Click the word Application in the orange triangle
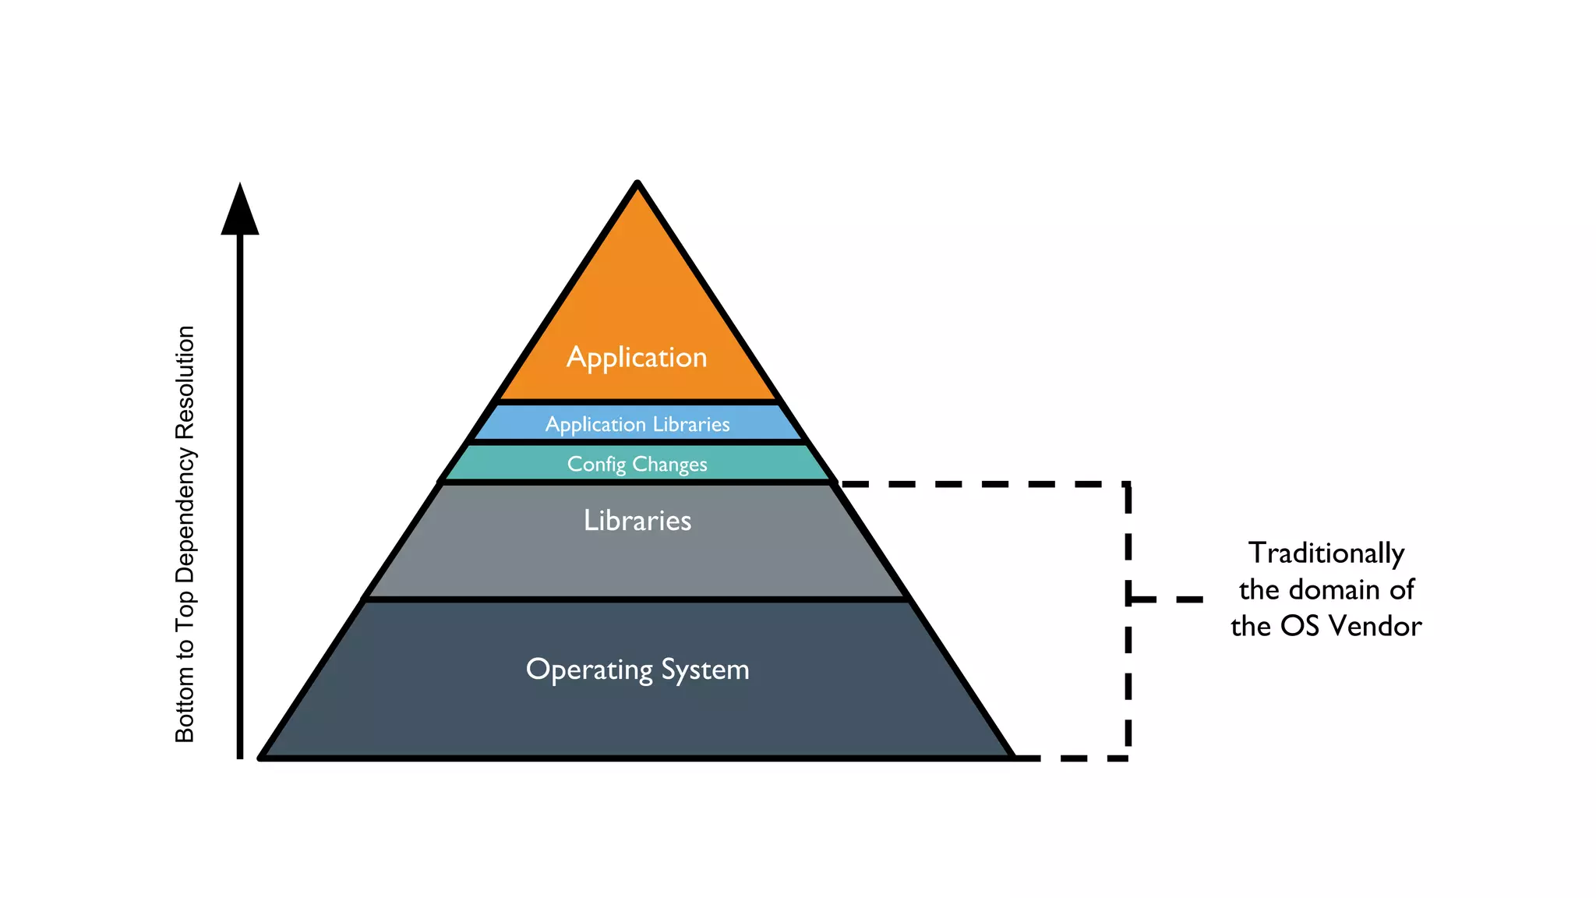637,358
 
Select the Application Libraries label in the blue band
637,424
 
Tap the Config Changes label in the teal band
637,464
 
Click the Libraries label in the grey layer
637,520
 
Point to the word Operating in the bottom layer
589,670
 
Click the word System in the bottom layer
705,670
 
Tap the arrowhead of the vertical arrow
240,210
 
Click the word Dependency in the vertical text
185,515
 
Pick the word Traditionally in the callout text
1326,553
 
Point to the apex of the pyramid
637,184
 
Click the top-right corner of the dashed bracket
1128,485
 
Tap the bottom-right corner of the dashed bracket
1128,757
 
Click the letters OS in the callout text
1300,626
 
